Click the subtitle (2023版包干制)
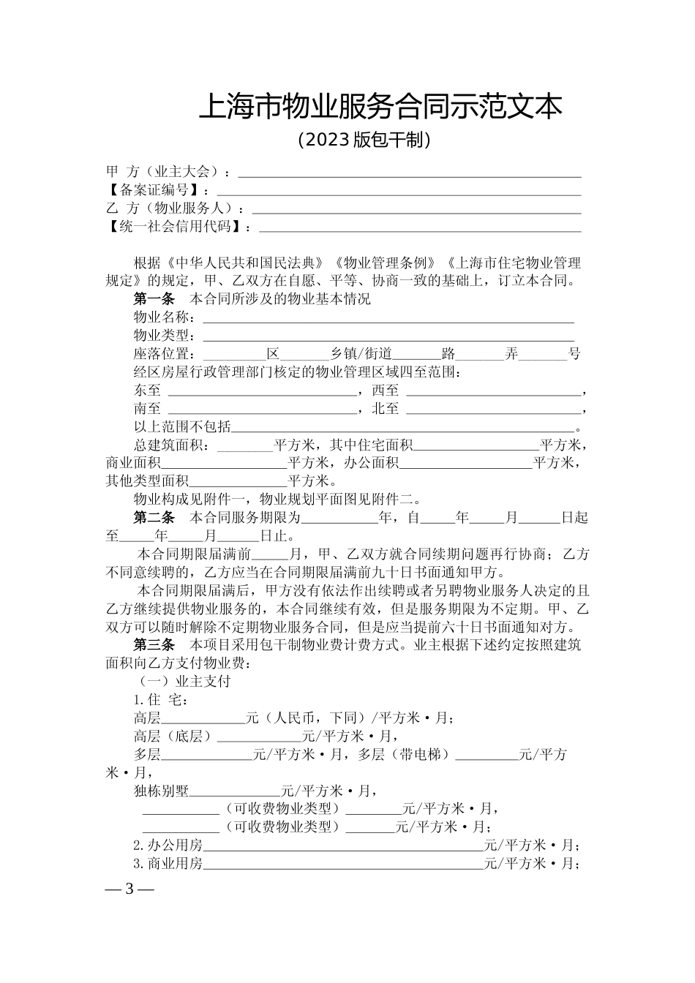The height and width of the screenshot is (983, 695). (364, 140)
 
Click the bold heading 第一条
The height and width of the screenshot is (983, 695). (154, 299)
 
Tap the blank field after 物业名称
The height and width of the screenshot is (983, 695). (388, 319)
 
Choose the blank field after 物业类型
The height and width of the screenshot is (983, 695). (388, 337)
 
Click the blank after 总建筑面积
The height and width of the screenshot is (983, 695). (245, 447)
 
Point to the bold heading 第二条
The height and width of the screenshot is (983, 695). (154, 519)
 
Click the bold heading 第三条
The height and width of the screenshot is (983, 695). (154, 645)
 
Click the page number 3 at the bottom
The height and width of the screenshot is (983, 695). (129, 889)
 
